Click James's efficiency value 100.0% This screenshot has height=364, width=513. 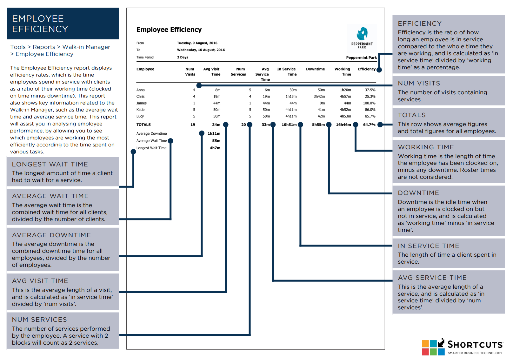[x=369, y=103]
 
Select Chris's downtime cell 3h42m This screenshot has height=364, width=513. [x=319, y=97]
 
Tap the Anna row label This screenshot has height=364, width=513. [x=140, y=90]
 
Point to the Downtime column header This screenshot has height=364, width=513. [x=315, y=69]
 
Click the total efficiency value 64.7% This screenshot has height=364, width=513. [x=369, y=125]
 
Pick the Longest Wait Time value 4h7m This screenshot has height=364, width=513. [x=215, y=148]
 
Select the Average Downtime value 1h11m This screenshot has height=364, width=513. [x=214, y=133]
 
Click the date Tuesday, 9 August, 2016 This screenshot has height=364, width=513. [x=197, y=43]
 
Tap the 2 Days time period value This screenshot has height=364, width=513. [x=183, y=57]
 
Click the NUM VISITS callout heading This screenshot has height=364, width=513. [x=419, y=84]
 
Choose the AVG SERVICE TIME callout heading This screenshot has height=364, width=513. [x=432, y=278]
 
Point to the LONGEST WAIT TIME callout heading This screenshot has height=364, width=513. [x=50, y=164]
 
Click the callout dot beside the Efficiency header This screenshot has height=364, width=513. [x=379, y=70]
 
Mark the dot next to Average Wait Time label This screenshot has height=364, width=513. [x=170, y=141]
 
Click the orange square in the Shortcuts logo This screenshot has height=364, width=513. [x=425, y=343]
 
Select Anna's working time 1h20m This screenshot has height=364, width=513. [x=345, y=90]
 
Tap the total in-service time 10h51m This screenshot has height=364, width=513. [x=289, y=125]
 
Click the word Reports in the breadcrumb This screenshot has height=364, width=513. [x=44, y=47]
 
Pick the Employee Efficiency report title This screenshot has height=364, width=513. [x=169, y=30]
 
